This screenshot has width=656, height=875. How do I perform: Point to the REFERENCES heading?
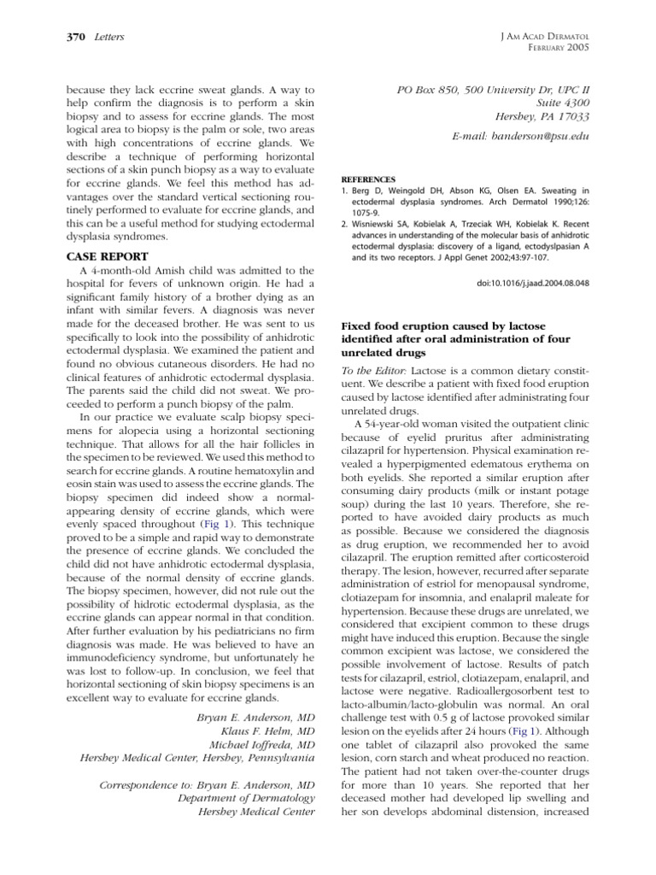pos(369,181)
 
